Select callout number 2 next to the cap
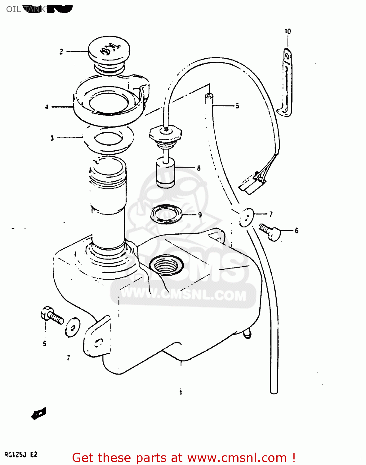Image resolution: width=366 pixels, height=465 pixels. click(61, 51)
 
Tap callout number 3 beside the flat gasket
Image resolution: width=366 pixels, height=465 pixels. click(52, 138)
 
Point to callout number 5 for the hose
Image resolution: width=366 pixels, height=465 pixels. click(237, 106)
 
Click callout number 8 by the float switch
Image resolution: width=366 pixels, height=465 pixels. click(199, 168)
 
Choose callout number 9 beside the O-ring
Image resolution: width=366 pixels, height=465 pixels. click(200, 215)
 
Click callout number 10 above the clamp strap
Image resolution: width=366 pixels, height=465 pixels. click(288, 31)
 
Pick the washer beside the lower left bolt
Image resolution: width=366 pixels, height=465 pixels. click(72, 327)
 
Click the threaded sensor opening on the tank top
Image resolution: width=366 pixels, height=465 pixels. click(166, 265)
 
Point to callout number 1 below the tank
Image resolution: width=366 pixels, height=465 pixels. click(181, 392)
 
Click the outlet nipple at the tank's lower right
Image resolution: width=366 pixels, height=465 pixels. click(247, 334)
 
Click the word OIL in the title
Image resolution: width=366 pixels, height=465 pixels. click(13, 9)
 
